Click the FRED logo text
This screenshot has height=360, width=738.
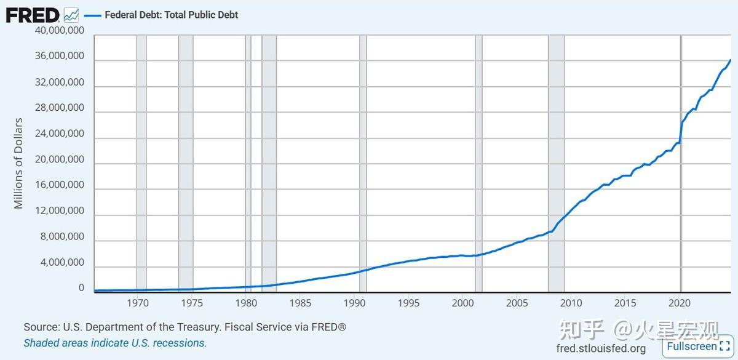coord(33,15)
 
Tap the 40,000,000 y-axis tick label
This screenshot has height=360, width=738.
coord(59,30)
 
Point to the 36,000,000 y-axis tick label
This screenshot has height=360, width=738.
coord(59,56)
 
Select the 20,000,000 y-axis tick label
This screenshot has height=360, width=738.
coord(59,159)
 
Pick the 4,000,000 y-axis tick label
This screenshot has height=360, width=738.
coord(61,263)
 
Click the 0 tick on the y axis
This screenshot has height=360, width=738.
coord(81,288)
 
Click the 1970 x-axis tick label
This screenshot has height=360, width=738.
coord(138,303)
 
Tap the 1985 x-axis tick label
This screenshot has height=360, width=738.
coord(300,303)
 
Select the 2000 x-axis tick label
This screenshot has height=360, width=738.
coord(462,303)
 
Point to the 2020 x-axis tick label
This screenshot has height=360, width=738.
coord(680,303)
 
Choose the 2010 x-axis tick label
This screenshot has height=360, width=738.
coord(571,303)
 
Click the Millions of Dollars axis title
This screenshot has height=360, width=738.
coord(18,163)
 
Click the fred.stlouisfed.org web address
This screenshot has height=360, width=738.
coord(600,349)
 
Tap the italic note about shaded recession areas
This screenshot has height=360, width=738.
coord(115,343)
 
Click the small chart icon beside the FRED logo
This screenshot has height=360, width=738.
coord(71,14)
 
